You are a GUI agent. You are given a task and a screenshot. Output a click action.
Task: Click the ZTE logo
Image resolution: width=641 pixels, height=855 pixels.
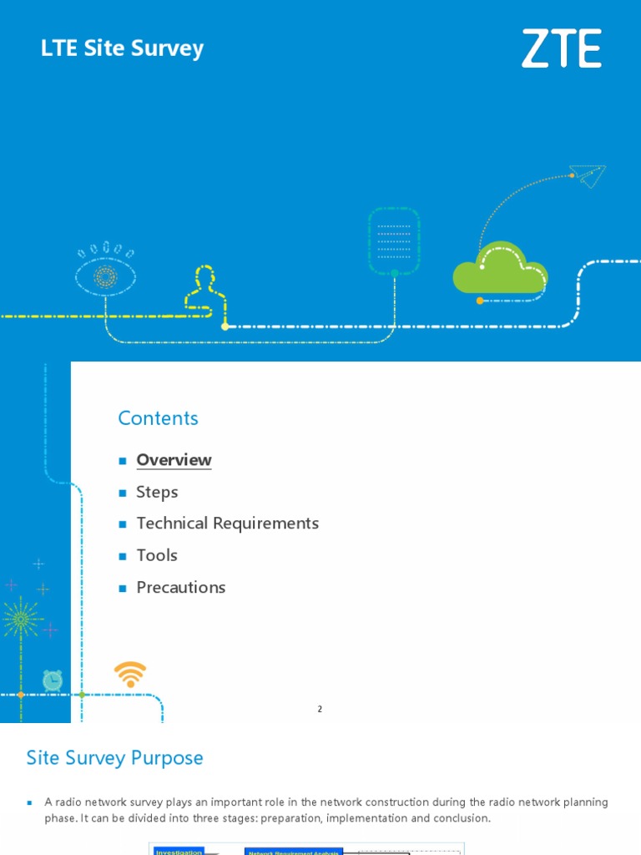562,48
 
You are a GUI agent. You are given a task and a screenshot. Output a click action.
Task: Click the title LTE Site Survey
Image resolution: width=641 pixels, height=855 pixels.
122,48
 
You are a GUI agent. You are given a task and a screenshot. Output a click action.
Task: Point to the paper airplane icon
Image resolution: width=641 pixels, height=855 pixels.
588,175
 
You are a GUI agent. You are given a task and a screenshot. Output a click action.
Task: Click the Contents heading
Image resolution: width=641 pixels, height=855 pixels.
158,418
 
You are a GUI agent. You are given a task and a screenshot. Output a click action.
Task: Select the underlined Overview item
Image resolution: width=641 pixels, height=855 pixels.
174,460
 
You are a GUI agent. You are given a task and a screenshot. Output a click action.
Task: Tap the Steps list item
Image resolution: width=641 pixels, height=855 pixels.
157,492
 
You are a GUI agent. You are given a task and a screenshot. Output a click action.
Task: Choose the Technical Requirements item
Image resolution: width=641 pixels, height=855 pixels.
227,524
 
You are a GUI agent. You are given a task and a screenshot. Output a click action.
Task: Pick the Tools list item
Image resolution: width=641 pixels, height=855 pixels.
157,555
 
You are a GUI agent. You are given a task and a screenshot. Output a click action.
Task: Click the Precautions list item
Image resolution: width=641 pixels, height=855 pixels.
180,587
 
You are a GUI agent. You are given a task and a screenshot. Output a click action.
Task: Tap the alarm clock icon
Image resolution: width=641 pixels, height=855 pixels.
53,680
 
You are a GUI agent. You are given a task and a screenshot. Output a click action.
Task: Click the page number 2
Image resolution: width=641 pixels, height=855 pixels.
320,709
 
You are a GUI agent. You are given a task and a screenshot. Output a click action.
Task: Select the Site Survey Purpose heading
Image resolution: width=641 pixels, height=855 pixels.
114,758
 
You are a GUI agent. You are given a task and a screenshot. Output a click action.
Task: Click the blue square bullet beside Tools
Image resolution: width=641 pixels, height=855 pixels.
122,556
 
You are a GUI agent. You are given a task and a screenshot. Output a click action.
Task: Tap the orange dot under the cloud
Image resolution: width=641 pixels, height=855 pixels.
480,301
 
